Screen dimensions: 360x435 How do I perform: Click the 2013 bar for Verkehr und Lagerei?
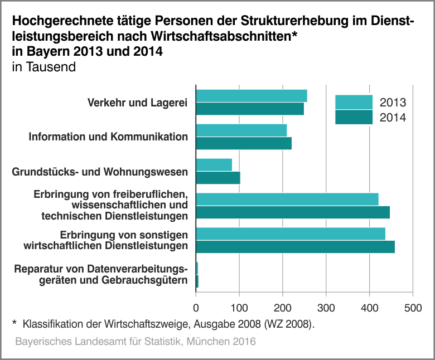pos(252,96)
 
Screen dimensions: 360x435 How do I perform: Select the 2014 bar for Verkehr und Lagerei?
pos(250,109)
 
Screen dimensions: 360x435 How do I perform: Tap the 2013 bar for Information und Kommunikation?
pos(241,130)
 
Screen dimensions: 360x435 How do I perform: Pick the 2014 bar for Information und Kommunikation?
pos(244,143)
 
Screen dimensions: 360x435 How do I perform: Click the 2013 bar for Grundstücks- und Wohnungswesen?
pos(214,165)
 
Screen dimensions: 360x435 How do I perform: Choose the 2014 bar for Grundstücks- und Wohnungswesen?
pos(218,178)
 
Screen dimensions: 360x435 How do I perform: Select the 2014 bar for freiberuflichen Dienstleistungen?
pos(293,212)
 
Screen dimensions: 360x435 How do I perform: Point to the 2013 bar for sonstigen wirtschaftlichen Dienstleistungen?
pos(291,234)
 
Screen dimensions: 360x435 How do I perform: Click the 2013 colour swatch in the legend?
pos(354,103)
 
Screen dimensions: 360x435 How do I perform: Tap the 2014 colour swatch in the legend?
pos(354,117)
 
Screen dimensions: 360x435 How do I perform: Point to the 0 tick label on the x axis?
pos(196,308)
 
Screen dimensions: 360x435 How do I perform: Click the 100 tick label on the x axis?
pos(239,308)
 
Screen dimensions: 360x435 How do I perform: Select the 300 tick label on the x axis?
pos(326,308)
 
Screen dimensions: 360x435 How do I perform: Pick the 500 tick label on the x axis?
pos(413,308)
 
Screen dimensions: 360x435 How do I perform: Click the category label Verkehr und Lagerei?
pos(137,103)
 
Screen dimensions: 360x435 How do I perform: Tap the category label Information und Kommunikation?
pos(108,137)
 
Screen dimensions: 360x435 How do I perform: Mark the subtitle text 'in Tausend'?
pos(43,67)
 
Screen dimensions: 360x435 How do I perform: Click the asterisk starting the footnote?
pos(14,323)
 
